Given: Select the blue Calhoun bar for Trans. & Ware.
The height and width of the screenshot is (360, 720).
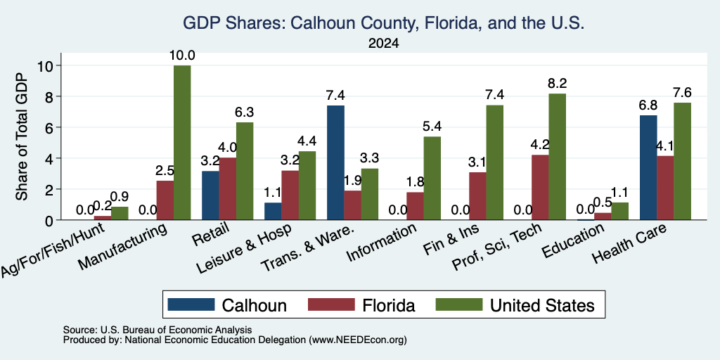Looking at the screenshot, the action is coord(335,162).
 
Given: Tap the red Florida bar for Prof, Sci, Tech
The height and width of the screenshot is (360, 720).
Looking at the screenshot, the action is coord(541,187).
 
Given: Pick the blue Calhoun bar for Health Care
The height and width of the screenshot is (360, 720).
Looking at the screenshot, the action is coord(648,167).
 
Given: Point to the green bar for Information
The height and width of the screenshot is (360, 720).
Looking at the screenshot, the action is coord(432,178).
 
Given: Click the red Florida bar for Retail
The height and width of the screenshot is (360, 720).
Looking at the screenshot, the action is coord(228,188).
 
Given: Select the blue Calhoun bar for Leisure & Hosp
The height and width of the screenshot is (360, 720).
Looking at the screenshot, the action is coord(274,211).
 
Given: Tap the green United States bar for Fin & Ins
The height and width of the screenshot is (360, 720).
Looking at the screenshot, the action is coord(495,162).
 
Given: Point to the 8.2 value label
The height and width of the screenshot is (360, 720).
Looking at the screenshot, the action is coord(558,84).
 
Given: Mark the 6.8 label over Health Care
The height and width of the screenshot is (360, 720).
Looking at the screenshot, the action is coord(648,105).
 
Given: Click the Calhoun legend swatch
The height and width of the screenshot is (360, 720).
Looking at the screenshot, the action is coord(191,304).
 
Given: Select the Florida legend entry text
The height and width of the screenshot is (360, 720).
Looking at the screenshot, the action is coord(388,305).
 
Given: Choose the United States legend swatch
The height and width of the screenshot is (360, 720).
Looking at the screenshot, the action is coord(460,304).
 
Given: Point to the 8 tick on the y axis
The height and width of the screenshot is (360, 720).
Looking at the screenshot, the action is coord(51,96).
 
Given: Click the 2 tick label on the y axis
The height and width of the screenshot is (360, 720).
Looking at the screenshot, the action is coord(51,189).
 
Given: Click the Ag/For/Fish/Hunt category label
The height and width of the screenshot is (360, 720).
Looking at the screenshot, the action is coord(53,250).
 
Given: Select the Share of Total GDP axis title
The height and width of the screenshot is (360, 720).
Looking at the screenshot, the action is coord(22,136).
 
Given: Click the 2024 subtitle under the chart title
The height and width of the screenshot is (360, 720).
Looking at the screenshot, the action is coord(383,44).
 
